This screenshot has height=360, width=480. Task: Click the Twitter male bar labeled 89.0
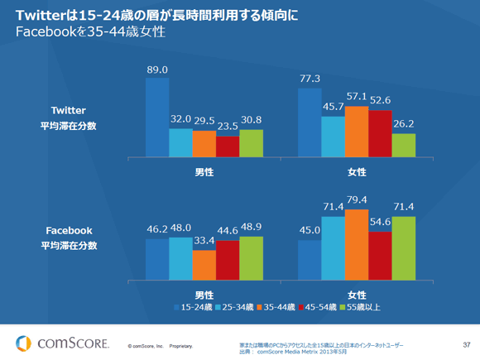(x=157, y=117)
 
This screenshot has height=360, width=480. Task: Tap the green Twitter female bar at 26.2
(x=403, y=145)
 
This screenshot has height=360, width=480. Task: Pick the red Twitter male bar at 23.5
(x=228, y=146)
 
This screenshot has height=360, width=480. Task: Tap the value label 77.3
(x=310, y=79)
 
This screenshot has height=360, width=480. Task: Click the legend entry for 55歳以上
(x=361, y=306)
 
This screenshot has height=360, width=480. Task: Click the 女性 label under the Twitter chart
(x=357, y=171)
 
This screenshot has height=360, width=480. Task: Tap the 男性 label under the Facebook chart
(x=204, y=295)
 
